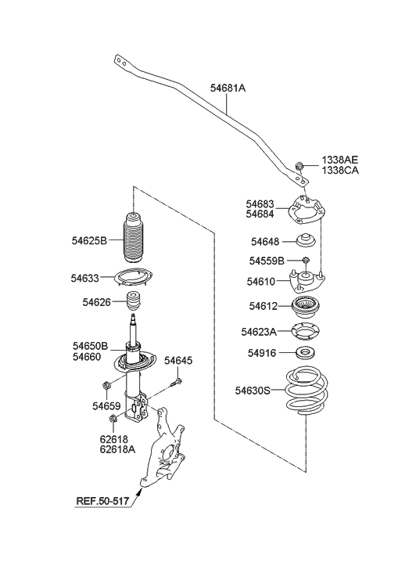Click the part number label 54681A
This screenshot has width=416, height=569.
point(228,88)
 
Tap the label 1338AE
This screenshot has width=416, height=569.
point(340,160)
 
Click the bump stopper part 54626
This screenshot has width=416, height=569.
point(138,301)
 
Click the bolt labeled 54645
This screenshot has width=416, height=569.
point(178,382)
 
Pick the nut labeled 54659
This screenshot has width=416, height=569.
point(106,385)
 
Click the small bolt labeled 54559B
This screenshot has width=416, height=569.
point(306,260)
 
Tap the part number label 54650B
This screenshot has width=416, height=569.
point(90,345)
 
